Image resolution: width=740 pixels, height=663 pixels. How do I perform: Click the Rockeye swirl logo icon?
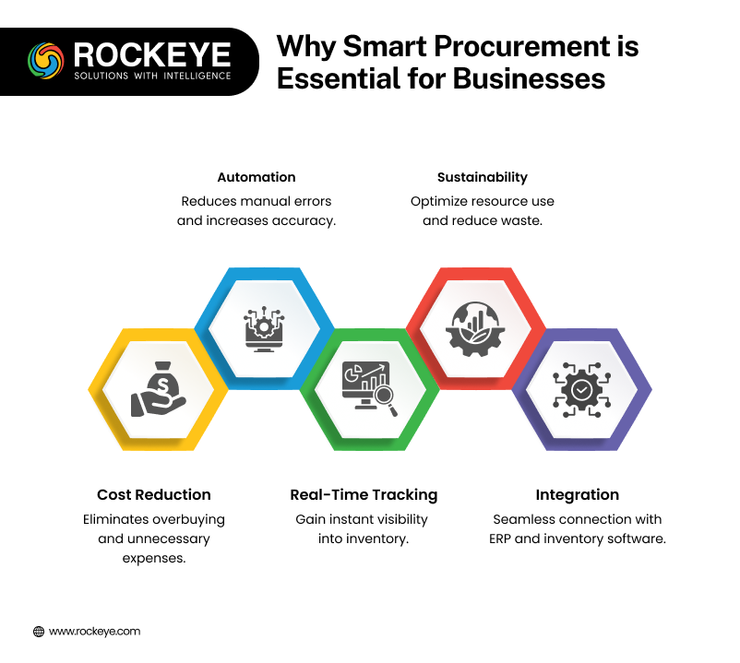coord(46,61)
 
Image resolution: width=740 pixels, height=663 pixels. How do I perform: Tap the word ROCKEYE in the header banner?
coord(152,55)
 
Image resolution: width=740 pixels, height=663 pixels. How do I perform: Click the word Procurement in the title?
coord(522,47)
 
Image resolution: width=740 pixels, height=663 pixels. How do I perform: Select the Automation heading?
coord(257,177)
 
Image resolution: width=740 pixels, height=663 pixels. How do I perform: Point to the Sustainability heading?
coord(483,177)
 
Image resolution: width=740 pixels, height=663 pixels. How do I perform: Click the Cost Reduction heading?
coord(154,494)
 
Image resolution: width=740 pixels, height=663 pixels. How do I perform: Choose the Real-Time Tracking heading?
coord(364,494)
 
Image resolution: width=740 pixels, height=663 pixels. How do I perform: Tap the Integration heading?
coord(578,494)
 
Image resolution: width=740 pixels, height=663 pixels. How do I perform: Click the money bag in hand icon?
coord(158,389)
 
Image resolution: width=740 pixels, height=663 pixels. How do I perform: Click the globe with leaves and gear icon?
coord(475,328)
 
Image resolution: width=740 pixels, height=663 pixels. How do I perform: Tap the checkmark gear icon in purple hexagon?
coord(581,389)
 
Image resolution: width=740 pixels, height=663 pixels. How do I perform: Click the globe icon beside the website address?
coord(39,632)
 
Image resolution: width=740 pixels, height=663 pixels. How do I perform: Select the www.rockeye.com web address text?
coord(94,632)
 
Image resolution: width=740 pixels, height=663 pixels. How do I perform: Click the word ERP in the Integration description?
coord(500,539)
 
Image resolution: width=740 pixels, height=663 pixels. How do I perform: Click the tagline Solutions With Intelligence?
coord(152,76)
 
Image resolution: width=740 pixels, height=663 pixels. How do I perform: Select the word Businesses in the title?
coord(529,78)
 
